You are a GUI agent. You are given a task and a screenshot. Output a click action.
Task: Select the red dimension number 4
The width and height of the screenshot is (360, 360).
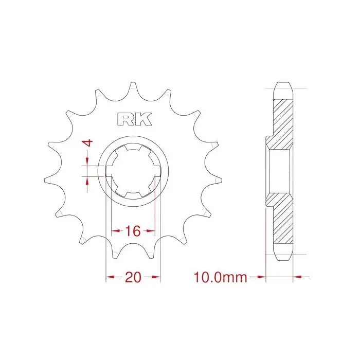pos(87,143)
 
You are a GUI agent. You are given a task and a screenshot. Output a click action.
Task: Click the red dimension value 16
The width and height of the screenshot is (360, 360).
pos(133,231)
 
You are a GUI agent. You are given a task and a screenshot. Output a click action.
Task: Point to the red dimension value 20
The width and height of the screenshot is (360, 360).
pos(133,277)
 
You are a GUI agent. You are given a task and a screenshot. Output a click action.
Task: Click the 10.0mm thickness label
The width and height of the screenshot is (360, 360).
pos(221,277)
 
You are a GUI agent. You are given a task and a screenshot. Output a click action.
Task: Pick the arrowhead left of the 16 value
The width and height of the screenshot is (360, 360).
pos(116,231)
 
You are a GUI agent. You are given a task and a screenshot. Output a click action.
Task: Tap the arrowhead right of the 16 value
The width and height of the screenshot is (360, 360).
pos(151,231)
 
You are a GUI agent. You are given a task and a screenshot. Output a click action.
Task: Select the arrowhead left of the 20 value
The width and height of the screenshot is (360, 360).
pos(110,277)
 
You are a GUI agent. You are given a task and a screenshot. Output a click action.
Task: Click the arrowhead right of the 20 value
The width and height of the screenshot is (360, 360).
pos(156,277)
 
